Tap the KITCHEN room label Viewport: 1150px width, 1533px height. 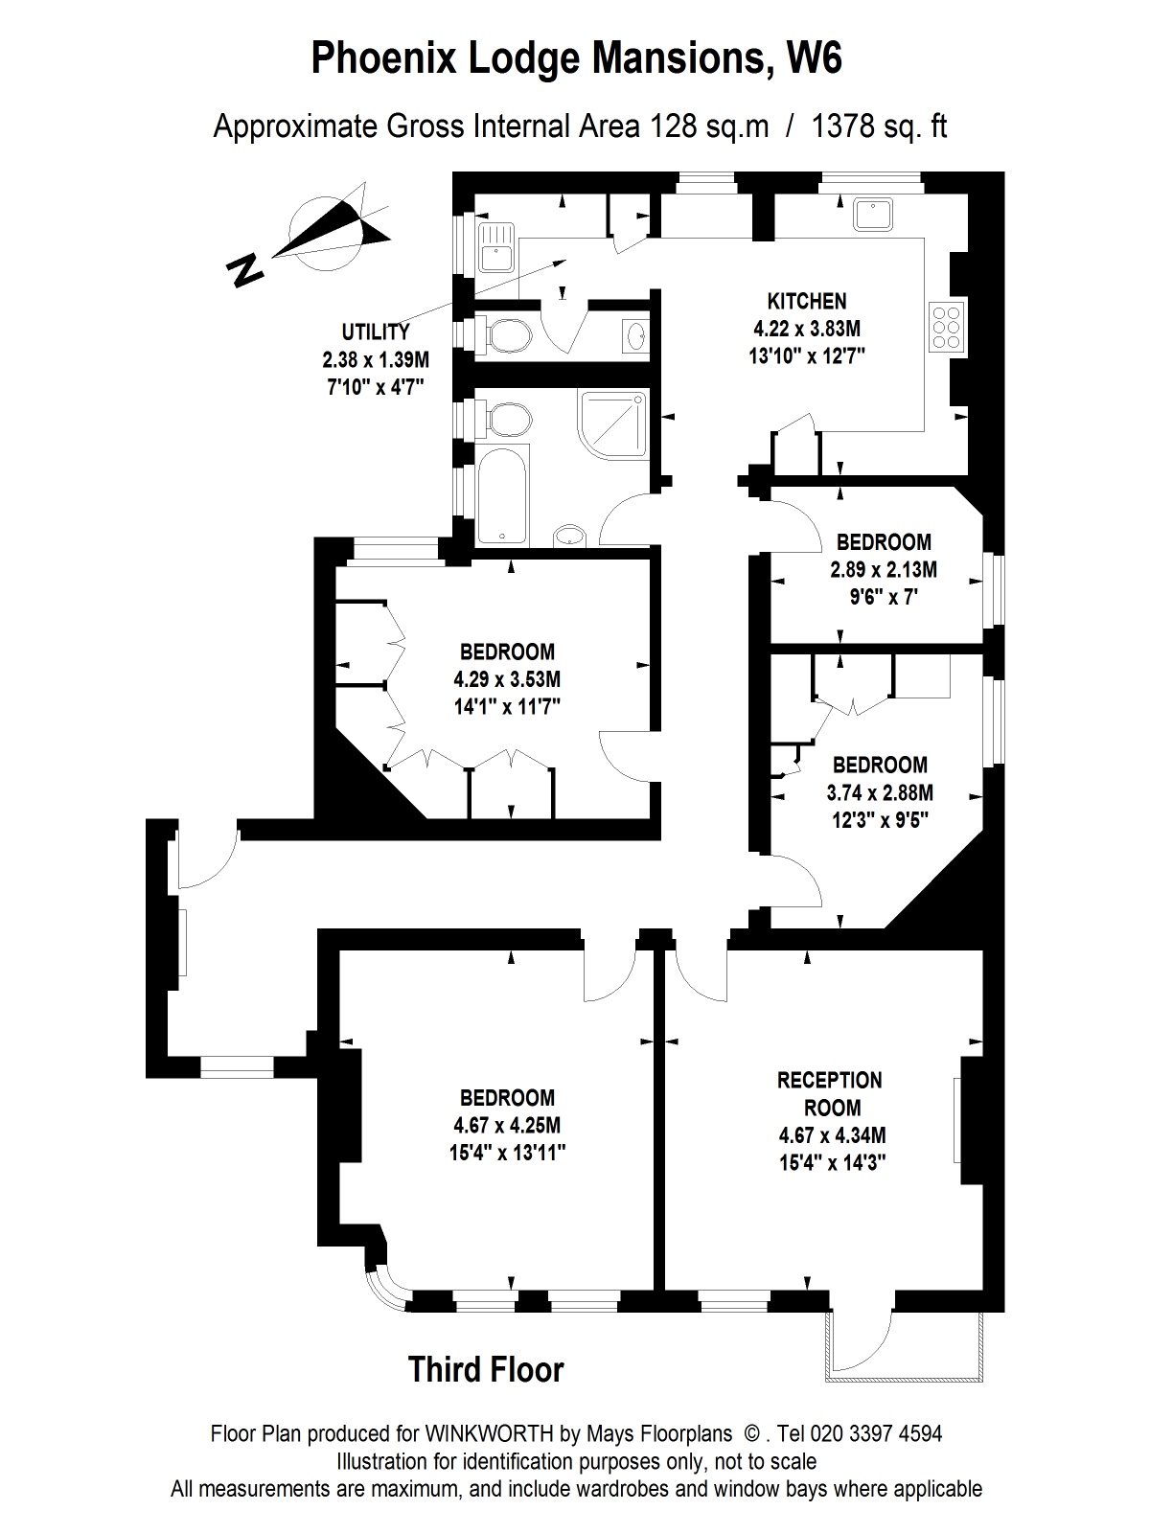point(806,301)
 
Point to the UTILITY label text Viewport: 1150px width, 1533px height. point(376,332)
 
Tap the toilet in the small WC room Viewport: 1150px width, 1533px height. point(507,335)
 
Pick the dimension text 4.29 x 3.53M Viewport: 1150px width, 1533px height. point(507,679)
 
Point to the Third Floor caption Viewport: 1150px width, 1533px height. point(486,1369)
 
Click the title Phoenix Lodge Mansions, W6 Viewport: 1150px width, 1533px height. point(576,59)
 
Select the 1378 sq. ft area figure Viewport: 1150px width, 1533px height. point(878,126)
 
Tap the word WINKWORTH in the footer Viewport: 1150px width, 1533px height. point(489,1434)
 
